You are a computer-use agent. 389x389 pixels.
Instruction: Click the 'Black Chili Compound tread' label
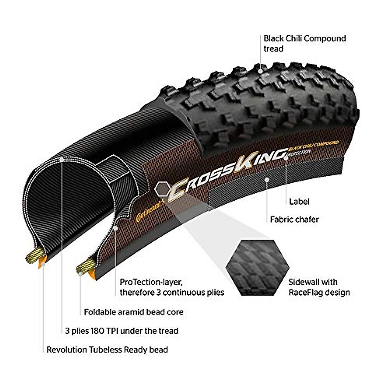(304, 43)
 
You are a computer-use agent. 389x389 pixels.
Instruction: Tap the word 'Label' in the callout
(299, 202)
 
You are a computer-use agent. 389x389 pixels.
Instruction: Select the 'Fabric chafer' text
(294, 219)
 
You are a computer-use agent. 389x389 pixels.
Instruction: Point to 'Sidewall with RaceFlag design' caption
(319, 287)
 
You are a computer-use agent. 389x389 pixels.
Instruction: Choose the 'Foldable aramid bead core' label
(134, 312)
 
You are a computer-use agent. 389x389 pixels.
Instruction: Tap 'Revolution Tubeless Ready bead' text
(107, 350)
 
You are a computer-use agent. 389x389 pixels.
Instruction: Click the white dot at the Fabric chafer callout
(266, 179)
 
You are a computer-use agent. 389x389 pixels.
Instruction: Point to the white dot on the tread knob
(260, 70)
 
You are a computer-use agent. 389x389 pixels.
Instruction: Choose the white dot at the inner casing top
(62, 159)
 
